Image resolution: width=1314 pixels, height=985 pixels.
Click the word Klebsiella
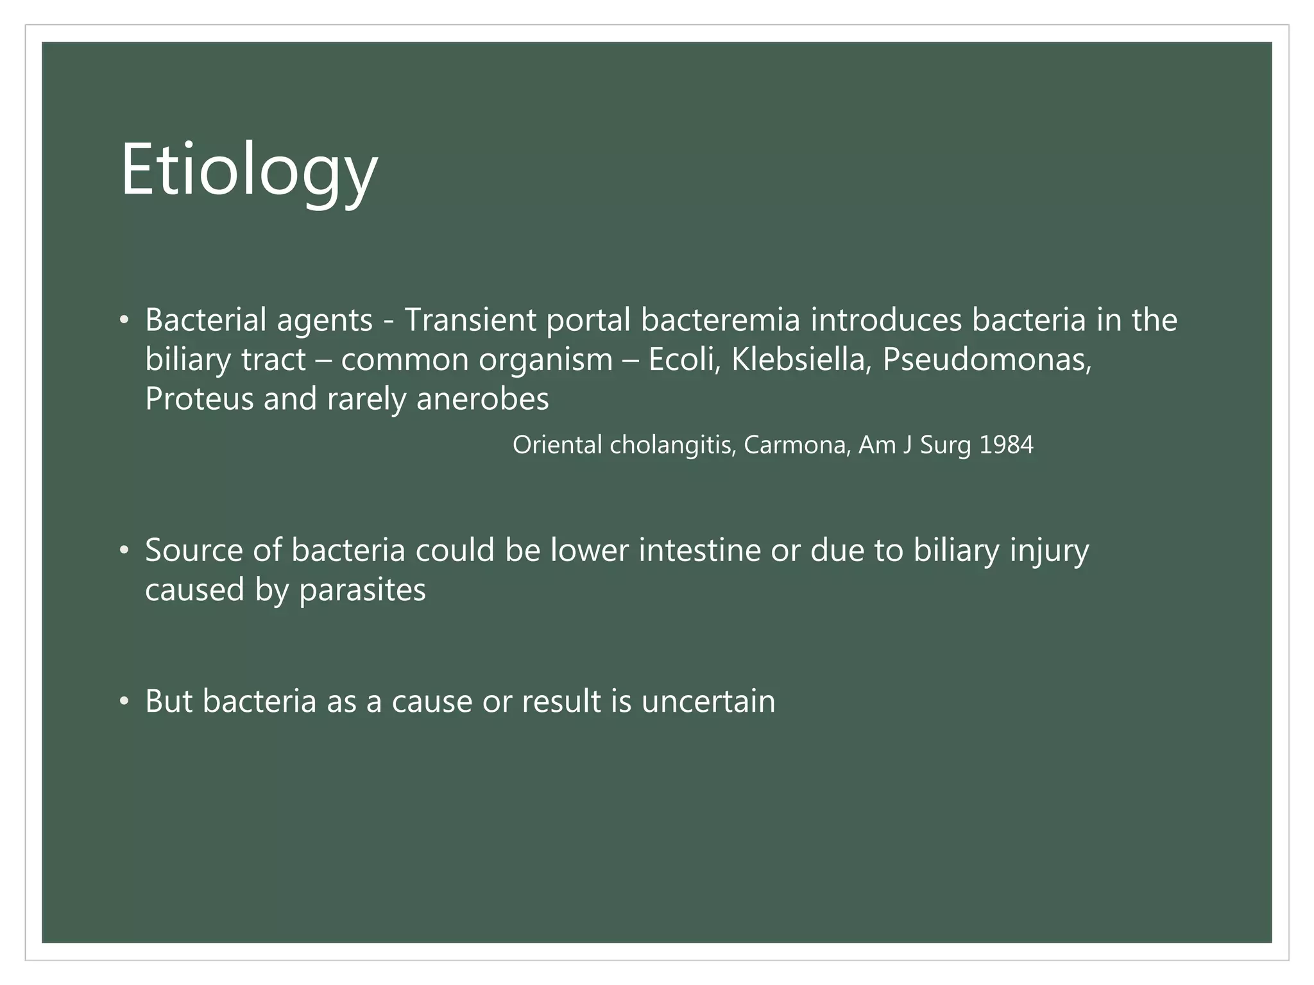click(801, 359)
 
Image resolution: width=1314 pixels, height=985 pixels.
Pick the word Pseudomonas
click(986, 359)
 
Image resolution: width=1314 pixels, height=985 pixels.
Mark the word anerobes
click(482, 399)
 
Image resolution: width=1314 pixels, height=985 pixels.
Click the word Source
click(194, 551)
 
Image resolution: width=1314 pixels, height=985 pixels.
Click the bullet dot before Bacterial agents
click(124, 321)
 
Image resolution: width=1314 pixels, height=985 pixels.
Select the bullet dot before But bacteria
click(124, 702)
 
